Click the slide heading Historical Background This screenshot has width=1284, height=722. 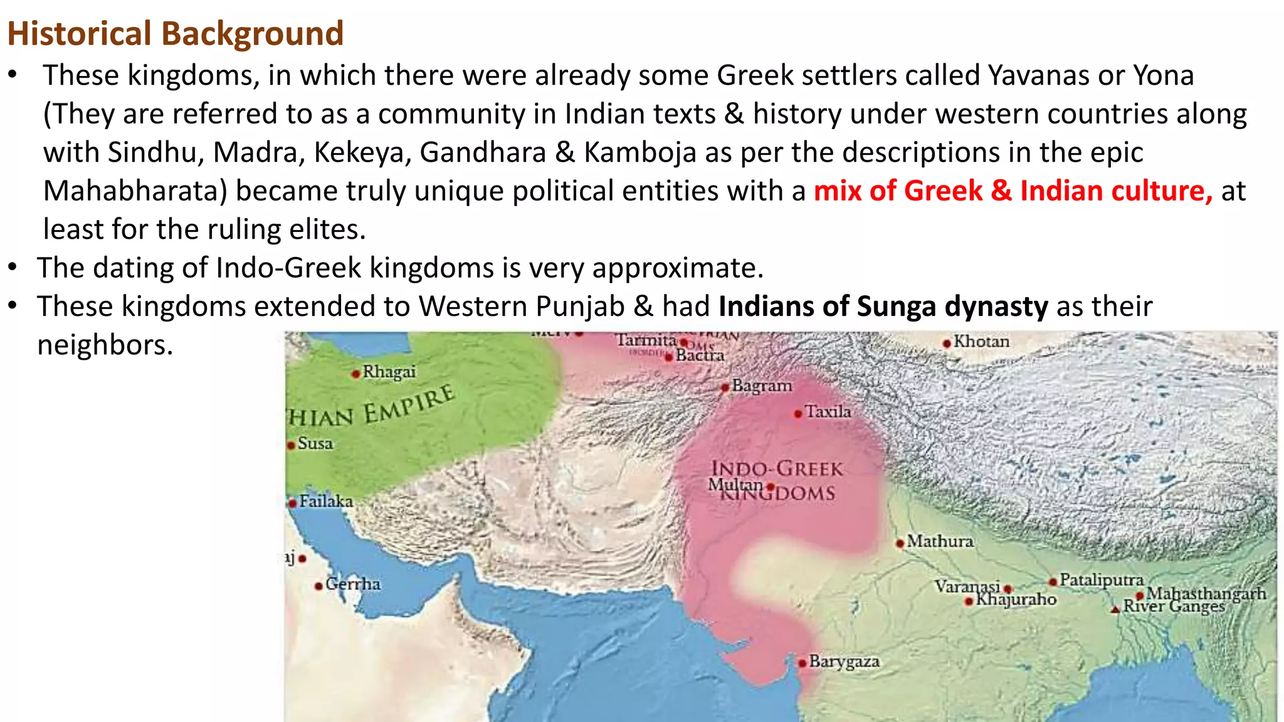pyautogui.click(x=175, y=33)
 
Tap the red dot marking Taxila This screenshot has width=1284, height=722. pyautogui.click(x=797, y=414)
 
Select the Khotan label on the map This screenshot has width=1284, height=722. pyautogui.click(x=981, y=342)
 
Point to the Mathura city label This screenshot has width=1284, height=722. pyautogui.click(x=940, y=541)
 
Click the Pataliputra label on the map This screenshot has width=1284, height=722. pyautogui.click(x=1102, y=580)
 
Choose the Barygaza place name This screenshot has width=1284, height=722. pyautogui.click(x=844, y=661)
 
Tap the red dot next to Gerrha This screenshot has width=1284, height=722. pyautogui.click(x=319, y=586)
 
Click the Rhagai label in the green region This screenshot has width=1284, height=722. pyautogui.click(x=389, y=372)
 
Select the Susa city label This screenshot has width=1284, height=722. pyautogui.click(x=315, y=443)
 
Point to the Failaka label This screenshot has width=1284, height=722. pyautogui.click(x=326, y=501)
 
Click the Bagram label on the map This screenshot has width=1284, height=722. pyautogui.click(x=762, y=385)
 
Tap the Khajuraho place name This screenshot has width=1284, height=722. pyautogui.click(x=1016, y=600)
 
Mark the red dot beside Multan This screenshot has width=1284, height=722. pyautogui.click(x=771, y=486)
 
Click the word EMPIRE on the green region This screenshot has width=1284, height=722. pyautogui.click(x=409, y=405)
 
